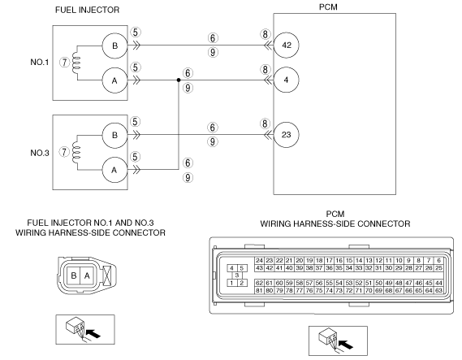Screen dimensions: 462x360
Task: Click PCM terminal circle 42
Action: point(286,46)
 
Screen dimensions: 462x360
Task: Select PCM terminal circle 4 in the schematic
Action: point(286,80)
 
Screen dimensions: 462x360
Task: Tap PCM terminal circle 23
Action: point(286,135)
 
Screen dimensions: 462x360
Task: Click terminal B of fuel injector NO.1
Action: point(114,46)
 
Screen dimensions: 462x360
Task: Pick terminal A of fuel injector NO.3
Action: point(114,170)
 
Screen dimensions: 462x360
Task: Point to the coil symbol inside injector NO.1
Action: point(76,63)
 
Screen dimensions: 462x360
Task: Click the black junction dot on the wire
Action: point(179,80)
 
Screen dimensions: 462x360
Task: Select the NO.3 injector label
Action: point(40,153)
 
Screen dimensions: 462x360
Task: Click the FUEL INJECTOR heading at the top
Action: point(87,10)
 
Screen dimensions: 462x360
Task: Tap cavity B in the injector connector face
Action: point(74,275)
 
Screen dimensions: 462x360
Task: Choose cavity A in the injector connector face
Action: point(87,275)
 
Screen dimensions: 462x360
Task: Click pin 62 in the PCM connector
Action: point(259,283)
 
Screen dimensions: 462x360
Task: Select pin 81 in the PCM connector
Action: point(259,290)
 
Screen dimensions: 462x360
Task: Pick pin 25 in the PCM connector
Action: point(438,268)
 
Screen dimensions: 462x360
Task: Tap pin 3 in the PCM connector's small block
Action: point(237,275)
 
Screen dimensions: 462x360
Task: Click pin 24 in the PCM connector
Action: point(259,260)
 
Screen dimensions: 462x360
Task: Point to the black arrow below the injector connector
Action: point(94,334)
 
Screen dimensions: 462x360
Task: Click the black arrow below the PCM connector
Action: point(347,345)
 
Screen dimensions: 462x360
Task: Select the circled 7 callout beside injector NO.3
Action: point(64,152)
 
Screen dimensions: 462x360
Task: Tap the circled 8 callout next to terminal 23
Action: point(265,124)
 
